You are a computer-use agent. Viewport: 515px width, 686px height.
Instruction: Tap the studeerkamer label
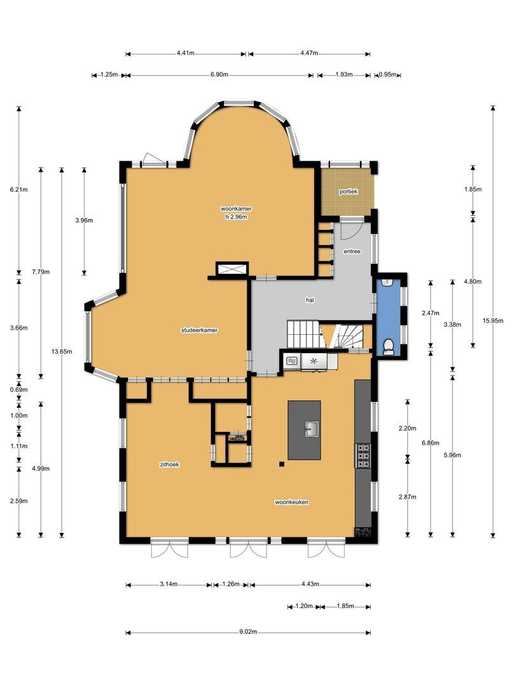[200, 330]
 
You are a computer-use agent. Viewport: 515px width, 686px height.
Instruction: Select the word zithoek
[169, 464]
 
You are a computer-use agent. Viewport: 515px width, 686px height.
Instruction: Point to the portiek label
[348, 191]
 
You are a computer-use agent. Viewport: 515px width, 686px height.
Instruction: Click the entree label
[352, 252]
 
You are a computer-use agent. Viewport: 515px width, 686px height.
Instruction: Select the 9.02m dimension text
[248, 632]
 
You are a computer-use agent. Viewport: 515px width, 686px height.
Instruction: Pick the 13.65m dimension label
[62, 351]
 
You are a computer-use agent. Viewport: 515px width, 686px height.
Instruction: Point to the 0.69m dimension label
[19, 391]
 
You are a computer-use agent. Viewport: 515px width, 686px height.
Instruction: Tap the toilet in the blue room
[388, 346]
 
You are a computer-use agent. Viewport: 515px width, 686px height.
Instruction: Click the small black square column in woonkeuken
[281, 464]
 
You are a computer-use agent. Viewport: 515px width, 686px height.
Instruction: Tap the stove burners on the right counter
[363, 455]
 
